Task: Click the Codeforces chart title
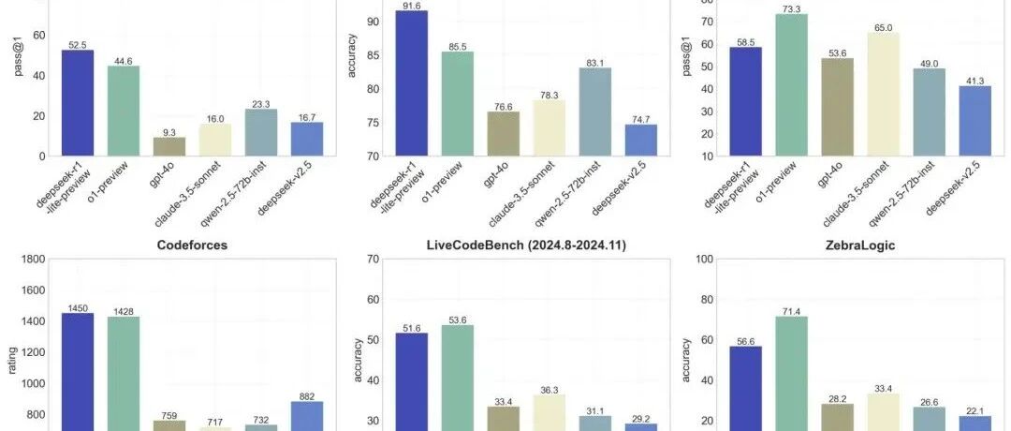tap(192, 245)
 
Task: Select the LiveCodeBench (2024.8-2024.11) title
tap(526, 245)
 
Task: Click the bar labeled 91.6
tap(411, 83)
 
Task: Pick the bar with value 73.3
tap(791, 85)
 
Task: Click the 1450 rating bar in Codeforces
tap(78, 372)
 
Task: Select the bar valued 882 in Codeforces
tap(307, 416)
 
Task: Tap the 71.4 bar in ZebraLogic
tap(791, 374)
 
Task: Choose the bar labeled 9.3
tap(168, 146)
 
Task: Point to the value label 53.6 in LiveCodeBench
tap(457, 320)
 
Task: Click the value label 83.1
tap(595, 63)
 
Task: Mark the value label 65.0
tap(884, 28)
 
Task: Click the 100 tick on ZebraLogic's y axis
tap(705, 260)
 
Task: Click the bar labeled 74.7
tap(641, 140)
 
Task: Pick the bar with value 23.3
tap(261, 132)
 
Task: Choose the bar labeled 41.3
tap(974, 121)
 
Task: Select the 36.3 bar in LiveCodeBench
tap(549, 413)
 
